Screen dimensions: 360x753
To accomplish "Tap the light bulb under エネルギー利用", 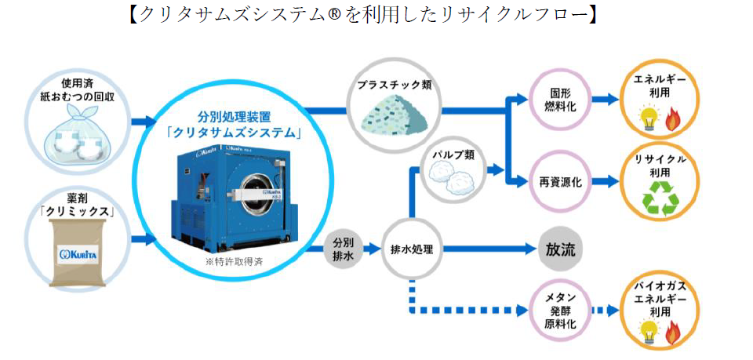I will [x=648, y=118].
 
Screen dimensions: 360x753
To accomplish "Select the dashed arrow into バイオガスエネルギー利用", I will [x=606, y=310].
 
